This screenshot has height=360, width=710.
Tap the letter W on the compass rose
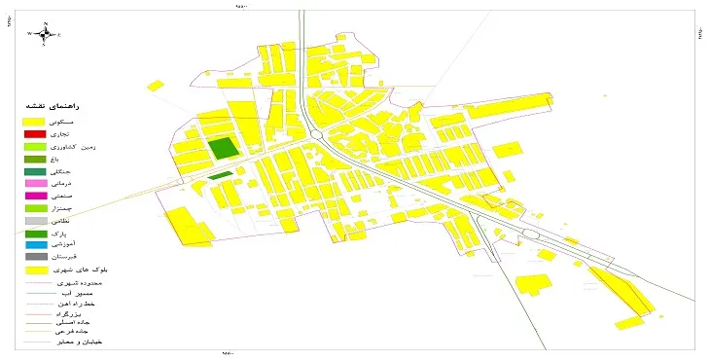(30, 33)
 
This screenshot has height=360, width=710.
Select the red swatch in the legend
(35, 132)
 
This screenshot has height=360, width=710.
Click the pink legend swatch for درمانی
(35, 183)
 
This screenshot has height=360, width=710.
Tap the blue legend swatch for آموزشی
(35, 245)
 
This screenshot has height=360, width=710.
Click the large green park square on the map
(224, 148)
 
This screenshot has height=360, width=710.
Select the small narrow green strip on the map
(221, 176)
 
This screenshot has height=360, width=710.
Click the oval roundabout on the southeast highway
(531, 234)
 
